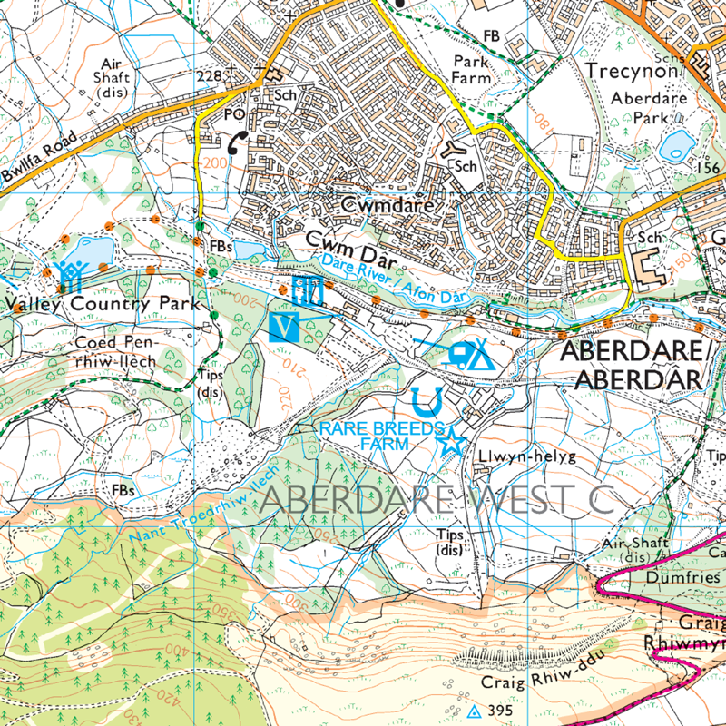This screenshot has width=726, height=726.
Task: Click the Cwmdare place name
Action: [388, 206]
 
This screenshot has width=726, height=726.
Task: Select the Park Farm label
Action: [471, 70]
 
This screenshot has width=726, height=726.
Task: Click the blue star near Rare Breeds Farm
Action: [450, 443]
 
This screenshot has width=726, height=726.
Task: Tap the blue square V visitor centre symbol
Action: [286, 326]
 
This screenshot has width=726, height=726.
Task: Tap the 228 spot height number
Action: [209, 76]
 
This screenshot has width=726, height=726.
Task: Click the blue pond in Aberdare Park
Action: [677, 145]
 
